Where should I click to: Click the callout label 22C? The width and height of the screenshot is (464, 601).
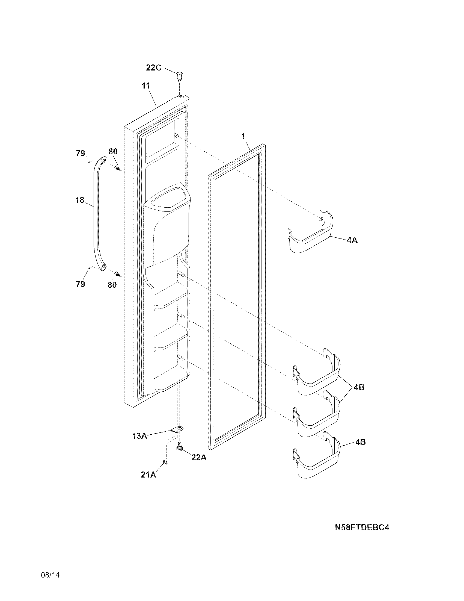pos(153,67)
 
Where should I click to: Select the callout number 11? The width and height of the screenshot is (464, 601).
pos(146,86)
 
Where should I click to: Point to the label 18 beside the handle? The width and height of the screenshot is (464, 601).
pos(80,200)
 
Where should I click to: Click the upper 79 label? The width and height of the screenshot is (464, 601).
pos(81,153)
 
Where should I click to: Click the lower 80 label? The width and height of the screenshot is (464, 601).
pos(112,285)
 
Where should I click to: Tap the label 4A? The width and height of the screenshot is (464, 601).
pos(352,240)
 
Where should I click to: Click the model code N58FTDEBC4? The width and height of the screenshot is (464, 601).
pos(362,528)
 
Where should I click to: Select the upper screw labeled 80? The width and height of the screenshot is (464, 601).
pos(118,168)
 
